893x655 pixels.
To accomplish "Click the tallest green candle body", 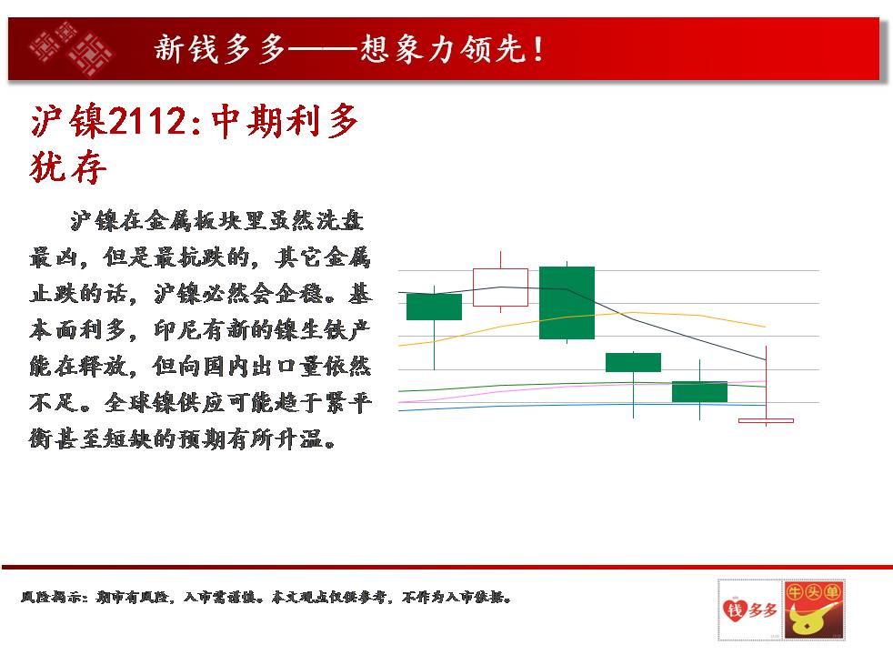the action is pyautogui.click(x=567, y=302).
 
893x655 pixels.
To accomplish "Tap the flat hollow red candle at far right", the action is pyautogui.click(x=766, y=421).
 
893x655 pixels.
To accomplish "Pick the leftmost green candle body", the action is pyautogui.click(x=434, y=307).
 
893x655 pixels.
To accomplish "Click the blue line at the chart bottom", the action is pyautogui.click(x=581, y=406).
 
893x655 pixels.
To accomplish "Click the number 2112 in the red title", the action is pyautogui.click(x=147, y=121).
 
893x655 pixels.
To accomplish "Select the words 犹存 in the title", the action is pyautogui.click(x=68, y=167).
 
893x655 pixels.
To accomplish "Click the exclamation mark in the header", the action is pyautogui.click(x=537, y=49).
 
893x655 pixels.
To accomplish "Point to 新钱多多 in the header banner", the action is pyautogui.click(x=220, y=49).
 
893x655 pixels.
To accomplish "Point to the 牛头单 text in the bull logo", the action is pyautogui.click(x=814, y=592).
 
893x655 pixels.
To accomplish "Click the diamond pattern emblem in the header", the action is pyautogui.click(x=71, y=49).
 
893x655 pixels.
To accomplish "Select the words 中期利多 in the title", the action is pyautogui.click(x=286, y=121).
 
